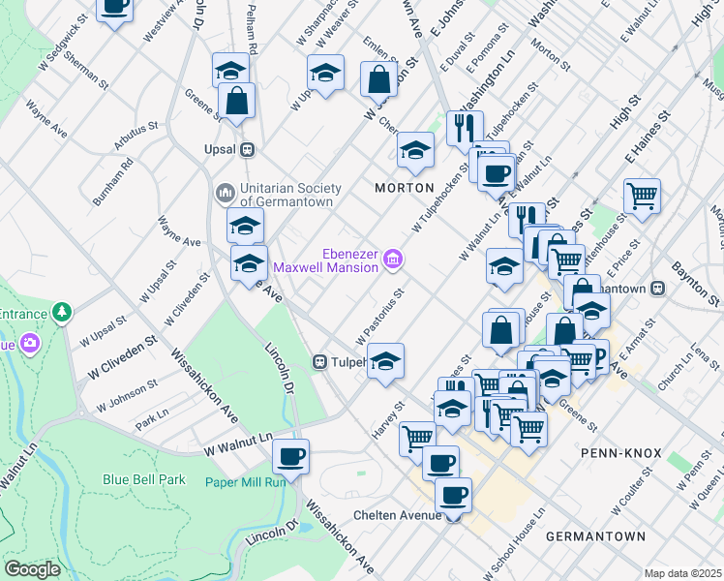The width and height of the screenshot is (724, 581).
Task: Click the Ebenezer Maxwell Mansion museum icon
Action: tap(392, 259)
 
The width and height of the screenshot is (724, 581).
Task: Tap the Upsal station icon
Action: tap(248, 150)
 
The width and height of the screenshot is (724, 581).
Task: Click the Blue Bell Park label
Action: tap(144, 478)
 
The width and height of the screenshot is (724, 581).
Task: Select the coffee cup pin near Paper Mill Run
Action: tap(289, 454)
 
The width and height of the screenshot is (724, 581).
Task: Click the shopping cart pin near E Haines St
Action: tap(642, 196)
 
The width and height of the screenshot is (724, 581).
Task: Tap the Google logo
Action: tap(32, 569)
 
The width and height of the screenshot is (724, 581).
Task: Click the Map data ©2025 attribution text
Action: tap(683, 573)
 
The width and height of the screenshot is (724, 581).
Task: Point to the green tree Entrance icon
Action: tap(62, 312)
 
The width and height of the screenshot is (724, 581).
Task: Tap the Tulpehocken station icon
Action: tap(318, 362)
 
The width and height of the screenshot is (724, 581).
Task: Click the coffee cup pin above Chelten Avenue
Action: tap(453, 496)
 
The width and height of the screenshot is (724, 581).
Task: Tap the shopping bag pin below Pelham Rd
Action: tap(236, 99)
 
